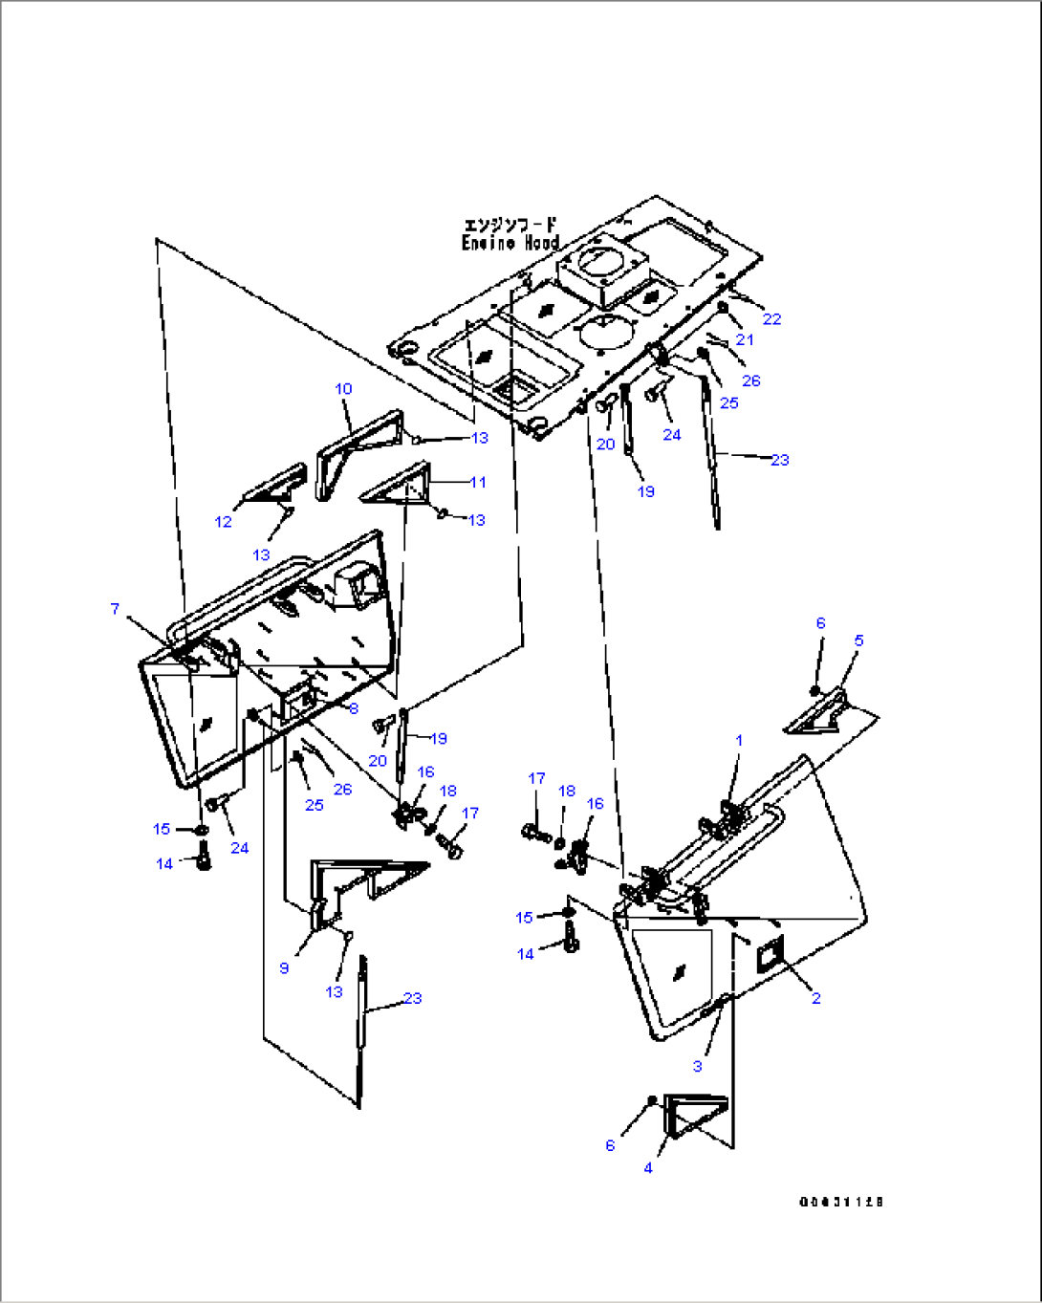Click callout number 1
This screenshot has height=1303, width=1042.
[739, 740]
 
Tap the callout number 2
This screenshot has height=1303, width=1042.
[815, 998]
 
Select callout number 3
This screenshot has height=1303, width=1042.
[697, 1066]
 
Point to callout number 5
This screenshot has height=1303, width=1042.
[858, 641]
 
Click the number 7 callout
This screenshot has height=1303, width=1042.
[115, 609]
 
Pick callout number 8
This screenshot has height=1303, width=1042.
[354, 708]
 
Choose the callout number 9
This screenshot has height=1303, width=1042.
[284, 968]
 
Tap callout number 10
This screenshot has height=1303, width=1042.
[343, 389]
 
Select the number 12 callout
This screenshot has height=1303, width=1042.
[223, 522]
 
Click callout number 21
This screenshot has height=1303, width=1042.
[745, 339]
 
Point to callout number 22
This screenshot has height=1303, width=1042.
[771, 319]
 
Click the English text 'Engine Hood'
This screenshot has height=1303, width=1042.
[510, 244]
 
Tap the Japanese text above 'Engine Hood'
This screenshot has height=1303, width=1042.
[510, 226]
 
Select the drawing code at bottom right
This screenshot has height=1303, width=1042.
[841, 1202]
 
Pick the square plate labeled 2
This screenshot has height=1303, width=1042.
[771, 953]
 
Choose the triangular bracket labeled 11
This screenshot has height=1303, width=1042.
[399, 485]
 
